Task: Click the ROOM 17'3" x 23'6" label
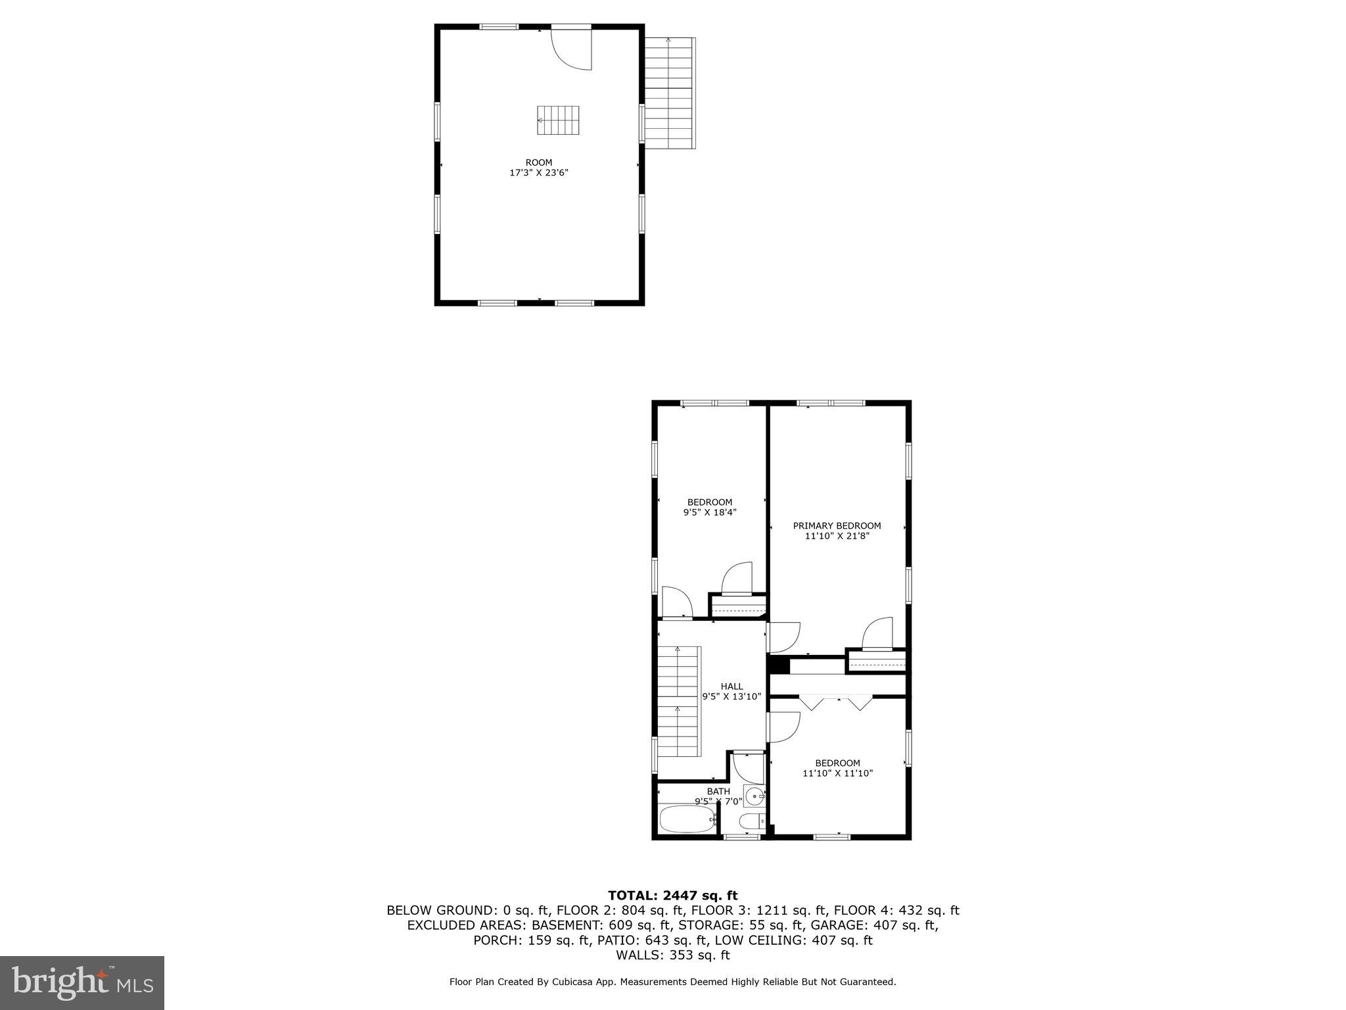[538, 168]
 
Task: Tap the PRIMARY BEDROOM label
[837, 525]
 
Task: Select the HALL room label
[731, 686]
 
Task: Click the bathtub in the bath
[687, 820]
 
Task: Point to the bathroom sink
[755, 796]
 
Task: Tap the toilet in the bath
[751, 821]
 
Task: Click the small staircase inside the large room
[559, 120]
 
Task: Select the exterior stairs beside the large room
[668, 92]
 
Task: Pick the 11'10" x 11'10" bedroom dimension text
[837, 773]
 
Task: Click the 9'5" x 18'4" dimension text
[710, 512]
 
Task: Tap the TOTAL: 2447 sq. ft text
[672, 896]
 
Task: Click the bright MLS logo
[82, 982]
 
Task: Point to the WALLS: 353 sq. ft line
[672, 955]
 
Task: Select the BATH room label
[718, 791]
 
